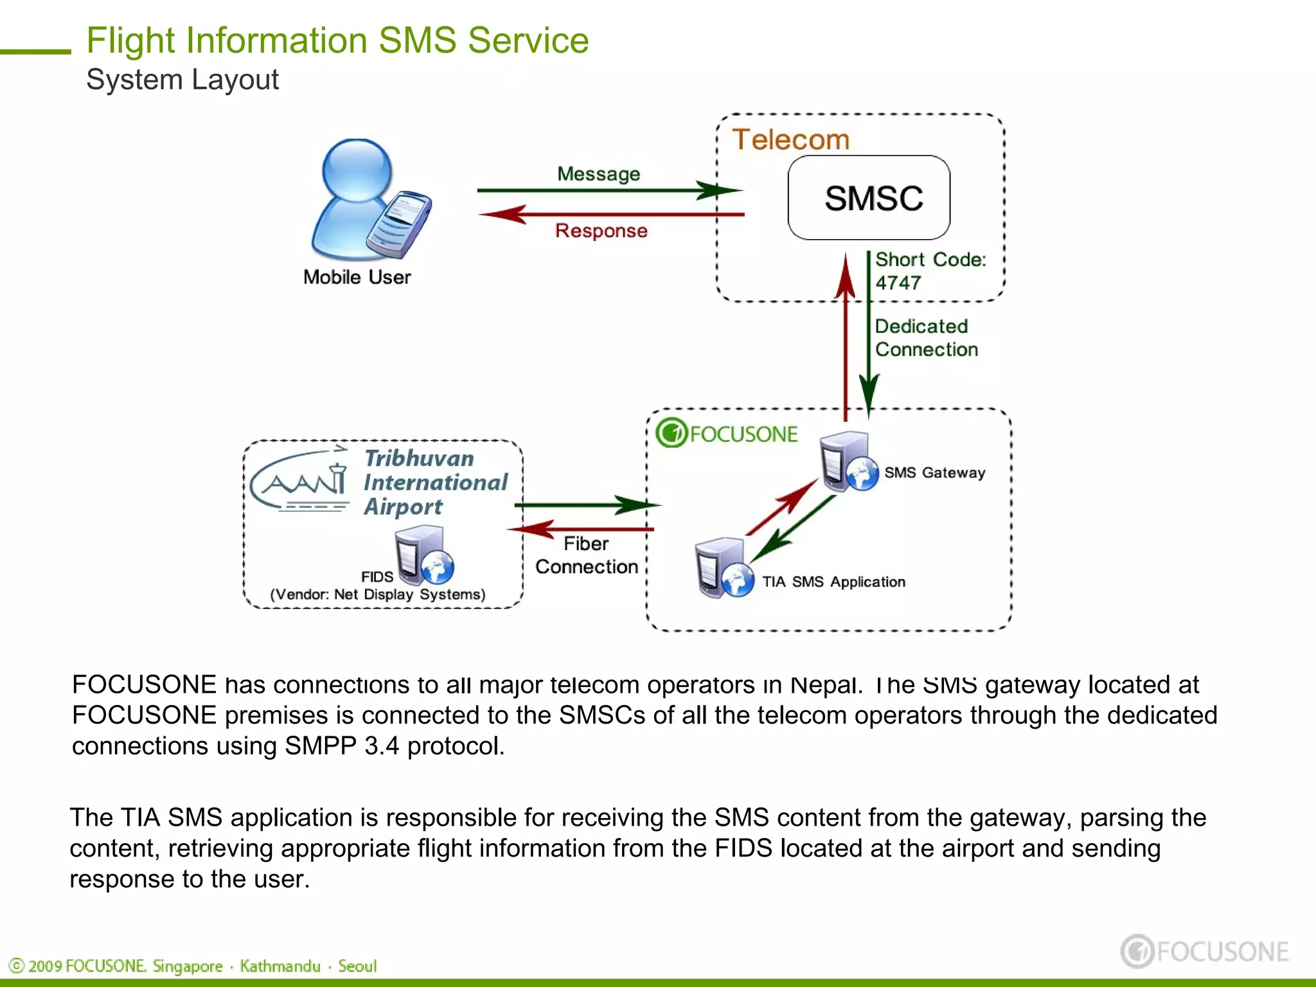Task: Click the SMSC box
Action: [x=869, y=198]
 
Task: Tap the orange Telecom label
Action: [x=791, y=139]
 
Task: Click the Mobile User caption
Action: [x=357, y=278]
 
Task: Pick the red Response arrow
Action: [x=610, y=214]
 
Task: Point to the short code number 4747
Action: [x=898, y=283]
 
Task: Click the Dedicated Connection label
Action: [x=925, y=338]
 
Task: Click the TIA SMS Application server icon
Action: [x=724, y=568]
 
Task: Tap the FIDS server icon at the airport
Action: [x=423, y=555]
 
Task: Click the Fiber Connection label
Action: [x=586, y=555]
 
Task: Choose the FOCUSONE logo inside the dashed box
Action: [x=727, y=434]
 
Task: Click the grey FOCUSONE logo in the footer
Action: [x=1204, y=952]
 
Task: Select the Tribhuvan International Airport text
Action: [x=435, y=483]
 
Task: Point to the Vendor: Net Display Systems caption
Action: [x=378, y=594]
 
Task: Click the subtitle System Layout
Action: [x=182, y=80]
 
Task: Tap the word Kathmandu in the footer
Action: [x=280, y=966]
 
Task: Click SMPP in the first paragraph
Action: [x=320, y=746]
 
